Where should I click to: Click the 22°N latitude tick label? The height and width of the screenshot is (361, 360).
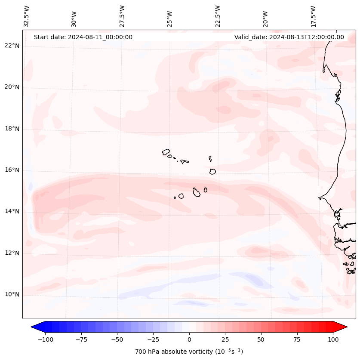pyautogui.click(x=12, y=46)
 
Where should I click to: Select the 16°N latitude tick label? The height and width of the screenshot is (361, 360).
pyautogui.click(x=12, y=170)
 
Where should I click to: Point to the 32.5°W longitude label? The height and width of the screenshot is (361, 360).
pyautogui.click(x=27, y=16)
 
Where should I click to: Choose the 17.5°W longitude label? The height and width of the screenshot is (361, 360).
pyautogui.click(x=313, y=16)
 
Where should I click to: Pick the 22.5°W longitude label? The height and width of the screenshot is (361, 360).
pyautogui.click(x=218, y=16)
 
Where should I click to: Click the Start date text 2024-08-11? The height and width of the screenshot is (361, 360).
pyautogui.click(x=83, y=37)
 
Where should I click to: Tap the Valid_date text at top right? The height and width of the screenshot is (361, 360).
pyautogui.click(x=289, y=37)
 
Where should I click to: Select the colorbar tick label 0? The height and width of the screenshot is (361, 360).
pyautogui.click(x=189, y=339)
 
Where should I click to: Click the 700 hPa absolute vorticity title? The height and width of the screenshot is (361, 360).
pyautogui.click(x=189, y=352)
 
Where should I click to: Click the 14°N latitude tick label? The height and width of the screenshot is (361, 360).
pyautogui.click(x=12, y=212)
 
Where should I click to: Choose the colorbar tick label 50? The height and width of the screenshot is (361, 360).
pyautogui.click(x=261, y=339)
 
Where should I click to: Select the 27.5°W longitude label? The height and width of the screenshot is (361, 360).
pyautogui.click(x=122, y=16)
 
